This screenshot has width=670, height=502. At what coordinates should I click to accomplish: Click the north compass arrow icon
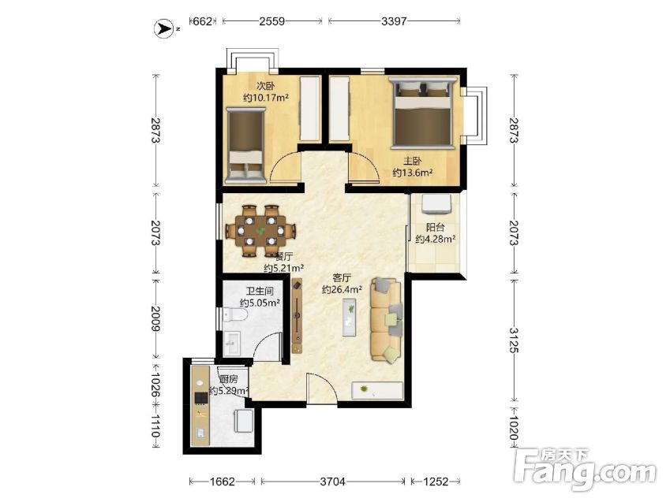[163, 28]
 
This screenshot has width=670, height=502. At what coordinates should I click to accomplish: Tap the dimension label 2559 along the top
[271, 21]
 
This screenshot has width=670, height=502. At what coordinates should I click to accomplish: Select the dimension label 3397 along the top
[394, 21]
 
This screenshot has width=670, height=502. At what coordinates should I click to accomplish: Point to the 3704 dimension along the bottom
[333, 482]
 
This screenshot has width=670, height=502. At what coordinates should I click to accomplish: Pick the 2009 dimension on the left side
[155, 318]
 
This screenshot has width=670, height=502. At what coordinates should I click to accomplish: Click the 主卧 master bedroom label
[413, 161]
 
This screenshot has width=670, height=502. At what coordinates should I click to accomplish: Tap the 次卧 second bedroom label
[265, 86]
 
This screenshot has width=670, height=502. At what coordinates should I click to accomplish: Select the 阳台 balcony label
[435, 227]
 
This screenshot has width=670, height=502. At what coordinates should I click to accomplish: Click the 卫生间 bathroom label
[260, 291]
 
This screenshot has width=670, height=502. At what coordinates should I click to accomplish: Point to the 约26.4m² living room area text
[342, 289]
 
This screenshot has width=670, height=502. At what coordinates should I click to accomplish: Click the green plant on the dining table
[260, 231]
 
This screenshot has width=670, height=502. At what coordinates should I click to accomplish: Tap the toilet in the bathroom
[235, 315]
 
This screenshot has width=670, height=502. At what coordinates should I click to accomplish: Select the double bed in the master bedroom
[423, 112]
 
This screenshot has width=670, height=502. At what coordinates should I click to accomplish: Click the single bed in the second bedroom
[245, 145]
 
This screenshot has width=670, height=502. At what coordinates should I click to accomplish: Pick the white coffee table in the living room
[350, 318]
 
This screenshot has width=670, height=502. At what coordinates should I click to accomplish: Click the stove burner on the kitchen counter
[200, 398]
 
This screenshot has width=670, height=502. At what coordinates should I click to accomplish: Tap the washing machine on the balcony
[436, 203]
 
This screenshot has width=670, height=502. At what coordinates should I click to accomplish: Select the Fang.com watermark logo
[585, 469]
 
